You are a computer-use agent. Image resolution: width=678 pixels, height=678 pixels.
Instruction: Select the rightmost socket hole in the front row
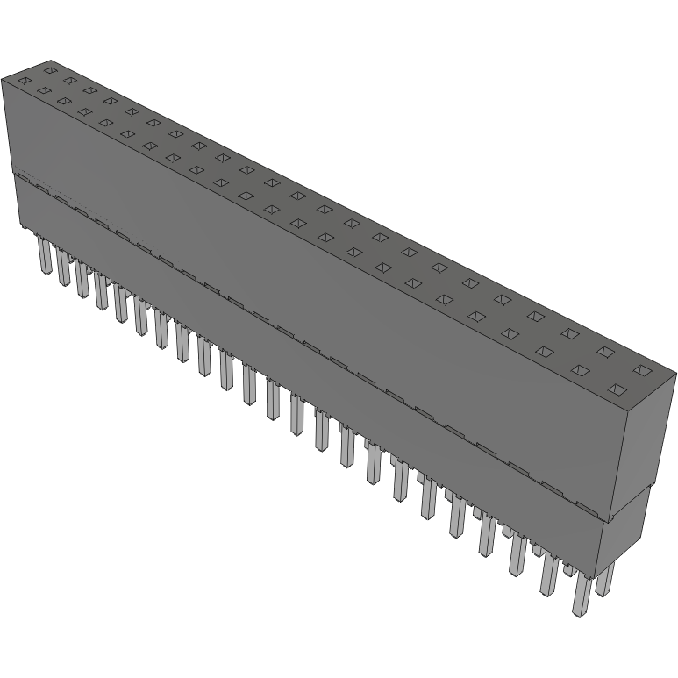pyautogui.click(x=617, y=389)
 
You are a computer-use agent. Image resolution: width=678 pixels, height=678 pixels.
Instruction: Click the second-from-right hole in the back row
pyautogui.click(x=605, y=352)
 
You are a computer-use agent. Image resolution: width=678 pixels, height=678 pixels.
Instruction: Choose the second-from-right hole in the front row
pyautogui.click(x=580, y=370)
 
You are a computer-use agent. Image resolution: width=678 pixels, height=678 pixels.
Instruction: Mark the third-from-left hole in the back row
pyautogui.click(x=89, y=89)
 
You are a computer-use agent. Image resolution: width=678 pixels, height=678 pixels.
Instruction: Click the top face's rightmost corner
pyautogui.click(x=675, y=375)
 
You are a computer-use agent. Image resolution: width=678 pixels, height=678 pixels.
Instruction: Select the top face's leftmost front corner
pyautogui.click(x=3, y=80)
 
